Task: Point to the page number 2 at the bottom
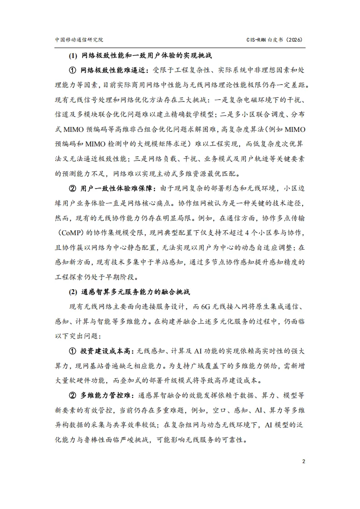303,461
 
